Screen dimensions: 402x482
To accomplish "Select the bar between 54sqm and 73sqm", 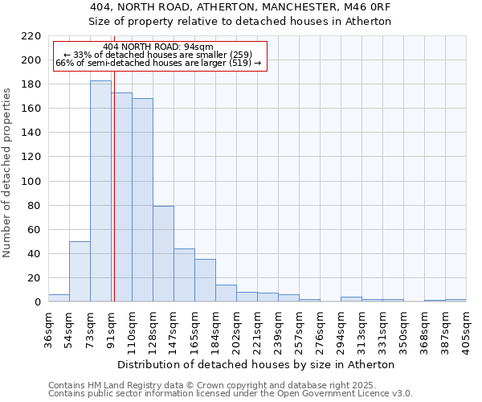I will [x=80, y=272].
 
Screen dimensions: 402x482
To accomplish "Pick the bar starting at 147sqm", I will [x=184, y=275].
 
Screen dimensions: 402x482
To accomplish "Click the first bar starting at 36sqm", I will [x=59, y=298].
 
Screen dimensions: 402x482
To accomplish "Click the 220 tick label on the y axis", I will [x=31, y=36].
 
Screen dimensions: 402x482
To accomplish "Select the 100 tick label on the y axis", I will [x=31, y=182].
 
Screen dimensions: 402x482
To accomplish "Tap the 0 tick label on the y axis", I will [x=38, y=302].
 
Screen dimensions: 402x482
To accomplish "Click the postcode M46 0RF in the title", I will [x=370, y=6].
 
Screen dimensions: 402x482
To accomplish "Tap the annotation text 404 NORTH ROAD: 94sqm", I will [x=158, y=47].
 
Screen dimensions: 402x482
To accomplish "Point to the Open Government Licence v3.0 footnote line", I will [x=231, y=394].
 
